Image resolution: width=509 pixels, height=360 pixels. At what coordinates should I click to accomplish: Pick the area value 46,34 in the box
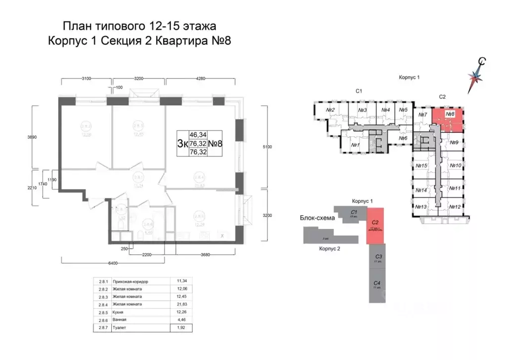point(197,134)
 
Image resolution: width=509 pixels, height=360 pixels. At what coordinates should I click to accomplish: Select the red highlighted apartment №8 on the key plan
point(447,119)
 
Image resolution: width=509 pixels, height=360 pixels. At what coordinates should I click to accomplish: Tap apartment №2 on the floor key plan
point(330,110)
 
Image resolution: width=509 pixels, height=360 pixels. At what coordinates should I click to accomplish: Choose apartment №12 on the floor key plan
point(455,207)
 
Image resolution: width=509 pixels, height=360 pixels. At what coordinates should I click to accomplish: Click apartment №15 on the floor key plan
point(422,166)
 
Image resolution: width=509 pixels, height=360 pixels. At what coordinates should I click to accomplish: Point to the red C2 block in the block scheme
point(375,226)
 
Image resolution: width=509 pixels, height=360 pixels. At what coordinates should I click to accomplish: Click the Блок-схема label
point(316,218)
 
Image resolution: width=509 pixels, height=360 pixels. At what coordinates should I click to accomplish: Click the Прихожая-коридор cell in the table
point(131,281)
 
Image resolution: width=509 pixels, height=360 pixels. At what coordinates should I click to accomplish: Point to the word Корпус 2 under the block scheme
point(330,250)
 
